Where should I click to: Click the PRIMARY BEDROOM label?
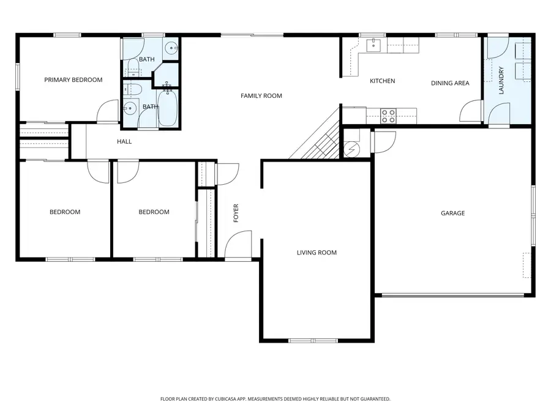73,80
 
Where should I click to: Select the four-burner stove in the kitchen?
388,116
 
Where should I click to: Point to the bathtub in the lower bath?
168,108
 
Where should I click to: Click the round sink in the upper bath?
173,47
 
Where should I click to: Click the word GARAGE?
452,213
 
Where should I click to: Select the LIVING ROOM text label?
317,252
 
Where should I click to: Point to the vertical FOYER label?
236,212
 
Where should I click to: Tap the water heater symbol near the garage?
351,149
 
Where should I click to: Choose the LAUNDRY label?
501,80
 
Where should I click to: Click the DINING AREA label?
450,83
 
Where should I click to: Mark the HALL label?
124,141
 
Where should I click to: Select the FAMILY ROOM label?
261,95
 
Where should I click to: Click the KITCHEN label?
382,81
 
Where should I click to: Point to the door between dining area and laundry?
471,112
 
